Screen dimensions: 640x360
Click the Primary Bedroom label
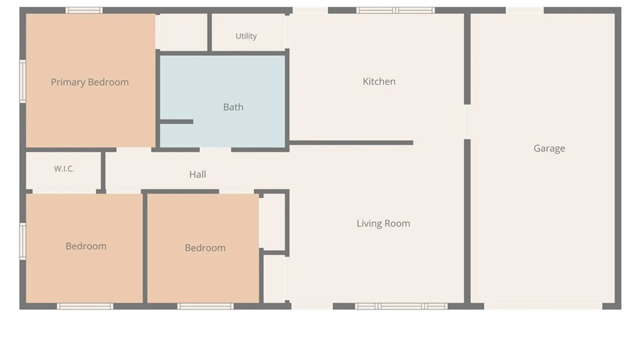(90, 82)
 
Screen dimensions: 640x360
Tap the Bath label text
(233, 107)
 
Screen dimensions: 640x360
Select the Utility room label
(246, 36)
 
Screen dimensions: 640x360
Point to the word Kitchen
(379, 81)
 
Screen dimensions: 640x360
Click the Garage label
(549, 148)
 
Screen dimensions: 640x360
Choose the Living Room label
(383, 223)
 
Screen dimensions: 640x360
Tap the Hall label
(198, 174)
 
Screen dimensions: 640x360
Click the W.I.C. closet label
(64, 169)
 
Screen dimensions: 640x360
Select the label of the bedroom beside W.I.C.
(86, 246)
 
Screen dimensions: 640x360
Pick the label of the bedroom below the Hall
(205, 248)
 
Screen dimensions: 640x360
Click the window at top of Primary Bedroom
(84, 10)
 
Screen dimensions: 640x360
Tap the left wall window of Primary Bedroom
(23, 81)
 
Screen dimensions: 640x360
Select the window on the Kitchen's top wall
(395, 10)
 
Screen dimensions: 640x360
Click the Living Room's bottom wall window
(401, 306)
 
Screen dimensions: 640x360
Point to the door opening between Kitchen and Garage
(467, 122)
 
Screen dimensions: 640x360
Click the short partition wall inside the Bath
(177, 122)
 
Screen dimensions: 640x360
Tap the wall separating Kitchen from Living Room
(351, 143)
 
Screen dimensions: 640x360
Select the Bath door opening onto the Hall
(215, 150)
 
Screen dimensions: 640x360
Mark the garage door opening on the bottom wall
(543, 306)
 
